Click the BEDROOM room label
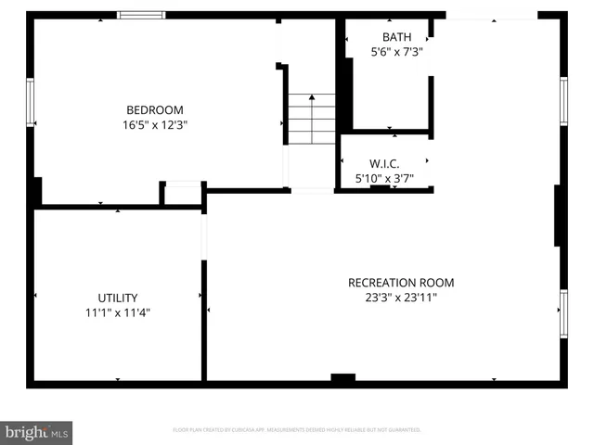coord(154,109)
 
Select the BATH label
coord(396,37)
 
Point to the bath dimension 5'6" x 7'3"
coord(396,53)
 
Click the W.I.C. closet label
coord(383,162)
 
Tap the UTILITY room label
coord(118,298)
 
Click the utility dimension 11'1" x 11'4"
coord(118,313)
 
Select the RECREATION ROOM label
coord(401,283)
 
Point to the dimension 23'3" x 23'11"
coord(401,298)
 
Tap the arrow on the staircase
coord(311,96)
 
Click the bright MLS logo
coord(36,432)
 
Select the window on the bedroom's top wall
coord(141,15)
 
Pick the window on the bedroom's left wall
coord(30,102)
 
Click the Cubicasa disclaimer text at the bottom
coord(297,430)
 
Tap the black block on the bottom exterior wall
coord(343,378)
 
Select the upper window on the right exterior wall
coord(562,100)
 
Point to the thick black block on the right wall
coord(559,215)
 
